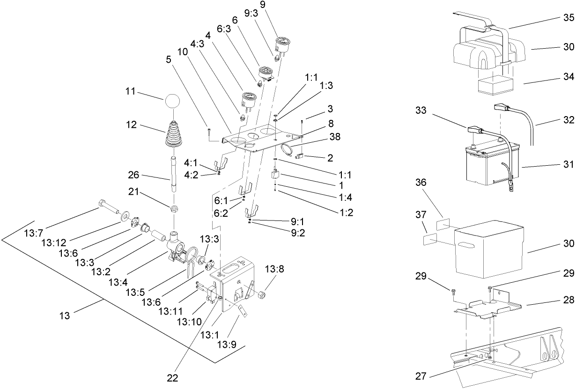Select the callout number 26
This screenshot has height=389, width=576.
point(134,176)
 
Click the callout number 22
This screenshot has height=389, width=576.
point(173,377)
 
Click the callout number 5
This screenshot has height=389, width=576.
point(169,59)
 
